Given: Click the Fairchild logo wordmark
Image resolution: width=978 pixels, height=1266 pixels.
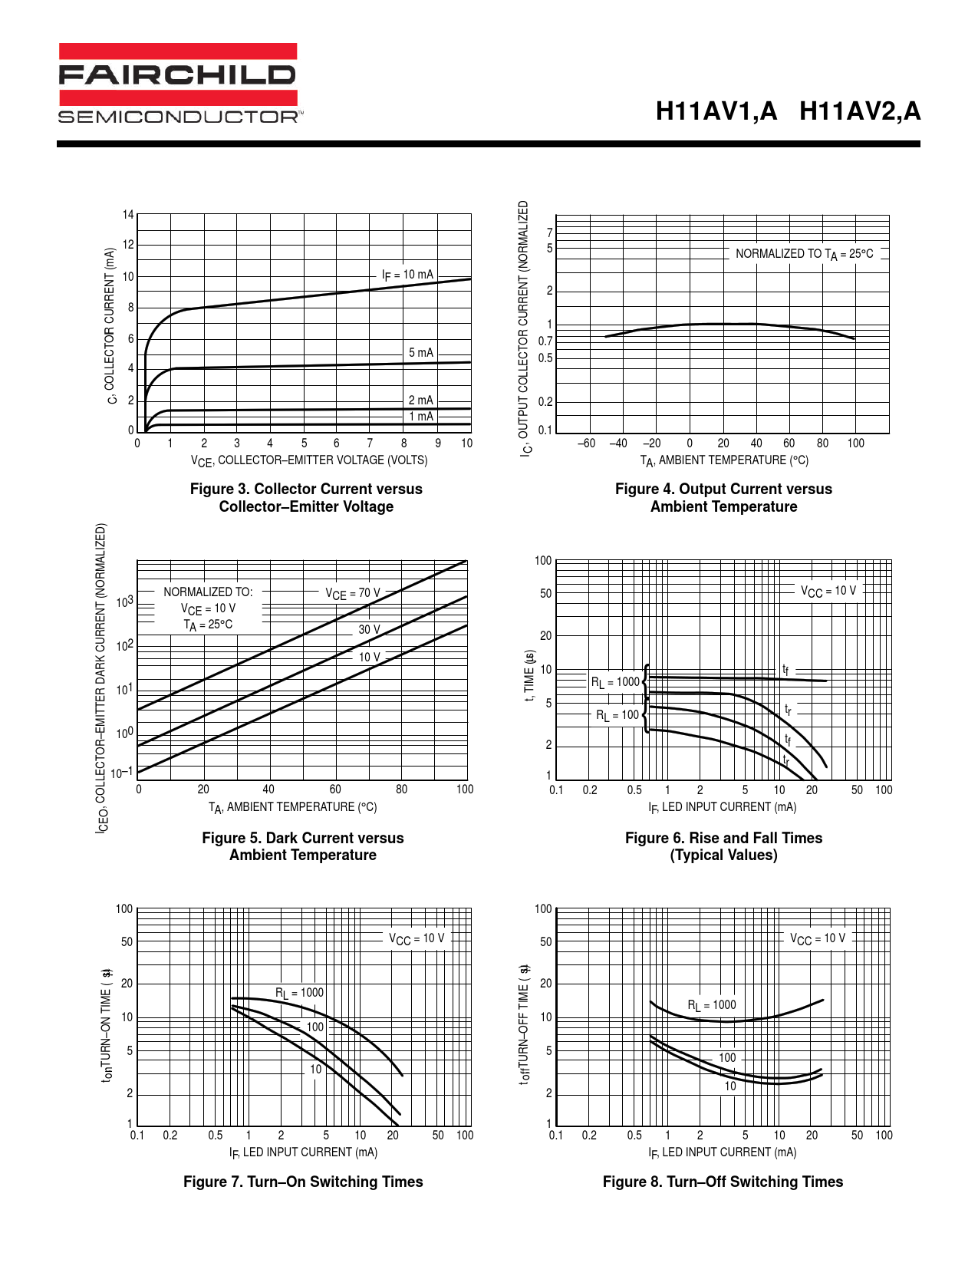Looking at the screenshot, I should click(177, 74).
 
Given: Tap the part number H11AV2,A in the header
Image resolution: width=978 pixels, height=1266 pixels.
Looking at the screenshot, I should click(859, 112).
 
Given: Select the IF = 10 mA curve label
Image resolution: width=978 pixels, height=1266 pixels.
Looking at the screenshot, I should click(407, 275).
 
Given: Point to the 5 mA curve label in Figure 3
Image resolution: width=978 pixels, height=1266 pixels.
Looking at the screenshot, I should click(420, 353).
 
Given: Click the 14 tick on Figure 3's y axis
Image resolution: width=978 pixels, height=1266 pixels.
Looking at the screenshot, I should click(128, 215).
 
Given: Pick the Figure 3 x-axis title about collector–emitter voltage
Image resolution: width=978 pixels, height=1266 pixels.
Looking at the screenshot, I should click(309, 460).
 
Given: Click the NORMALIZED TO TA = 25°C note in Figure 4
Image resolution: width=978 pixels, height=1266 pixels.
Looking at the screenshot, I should click(804, 254).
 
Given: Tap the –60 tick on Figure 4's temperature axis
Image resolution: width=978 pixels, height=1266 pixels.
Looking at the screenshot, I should click(586, 443).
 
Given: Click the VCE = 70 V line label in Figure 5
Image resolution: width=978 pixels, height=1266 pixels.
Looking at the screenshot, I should click(352, 593).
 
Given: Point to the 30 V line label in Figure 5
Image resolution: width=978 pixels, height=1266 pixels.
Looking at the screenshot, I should click(369, 629).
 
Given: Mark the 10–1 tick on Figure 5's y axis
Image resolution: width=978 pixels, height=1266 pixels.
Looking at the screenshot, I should click(121, 773).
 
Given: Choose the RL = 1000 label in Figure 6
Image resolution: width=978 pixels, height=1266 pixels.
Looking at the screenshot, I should click(614, 682).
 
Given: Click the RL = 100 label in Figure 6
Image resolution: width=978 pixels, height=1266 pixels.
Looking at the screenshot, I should click(617, 715).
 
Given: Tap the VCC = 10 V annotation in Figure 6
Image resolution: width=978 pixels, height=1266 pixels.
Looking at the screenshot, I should click(828, 591).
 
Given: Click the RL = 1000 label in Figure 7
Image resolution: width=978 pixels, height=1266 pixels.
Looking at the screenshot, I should click(299, 993).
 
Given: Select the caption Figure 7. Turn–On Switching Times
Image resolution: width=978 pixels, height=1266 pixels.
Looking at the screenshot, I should click(303, 1182).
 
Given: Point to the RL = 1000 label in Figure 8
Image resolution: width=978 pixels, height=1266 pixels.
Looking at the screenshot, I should click(711, 1005).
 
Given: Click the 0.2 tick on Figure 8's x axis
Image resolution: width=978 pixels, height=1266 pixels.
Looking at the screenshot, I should click(589, 1136).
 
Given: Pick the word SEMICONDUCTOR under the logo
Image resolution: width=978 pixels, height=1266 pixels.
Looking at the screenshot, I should click(179, 117).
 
